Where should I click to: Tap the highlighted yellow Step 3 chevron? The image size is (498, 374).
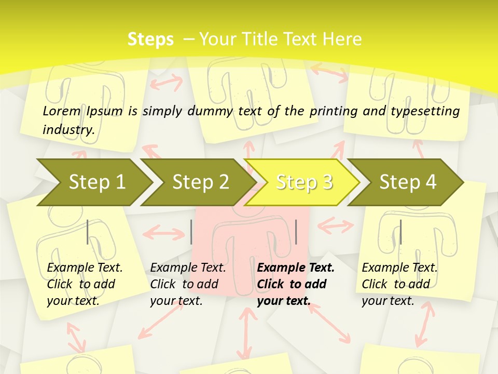coord(303,182)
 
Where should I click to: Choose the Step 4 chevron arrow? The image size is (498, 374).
coord(407,182)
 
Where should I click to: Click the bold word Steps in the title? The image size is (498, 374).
coord(150,39)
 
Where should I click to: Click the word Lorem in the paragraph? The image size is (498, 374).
coord(62,111)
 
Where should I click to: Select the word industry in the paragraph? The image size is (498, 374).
coord(68,129)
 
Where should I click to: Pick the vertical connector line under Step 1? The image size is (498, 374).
coord(88,232)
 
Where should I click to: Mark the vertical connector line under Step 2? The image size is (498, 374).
coord(191,232)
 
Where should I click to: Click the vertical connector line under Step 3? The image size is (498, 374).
coord(296,232)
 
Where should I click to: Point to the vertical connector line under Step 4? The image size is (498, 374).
coord(400,232)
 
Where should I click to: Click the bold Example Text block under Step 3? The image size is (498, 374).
coord(296,284)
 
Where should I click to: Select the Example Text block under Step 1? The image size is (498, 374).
coord(85,284)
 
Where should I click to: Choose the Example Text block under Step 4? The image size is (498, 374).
coord(399,284)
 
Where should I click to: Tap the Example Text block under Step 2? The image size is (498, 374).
coord(188,284)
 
